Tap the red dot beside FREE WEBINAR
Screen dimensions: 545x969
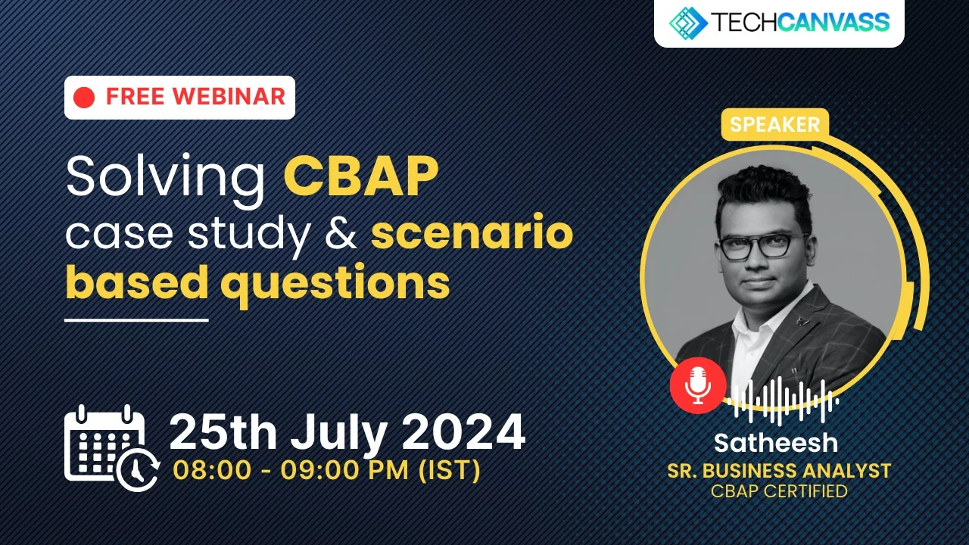tap(85, 97)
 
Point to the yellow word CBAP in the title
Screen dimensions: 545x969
tap(361, 177)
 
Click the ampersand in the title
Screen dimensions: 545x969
tap(340, 235)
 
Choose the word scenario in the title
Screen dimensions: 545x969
tap(472, 235)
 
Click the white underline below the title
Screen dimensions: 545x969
tap(136, 320)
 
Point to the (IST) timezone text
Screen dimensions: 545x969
tap(449, 470)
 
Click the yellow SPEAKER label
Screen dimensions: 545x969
tap(774, 125)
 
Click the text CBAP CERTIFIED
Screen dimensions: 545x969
tap(779, 491)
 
